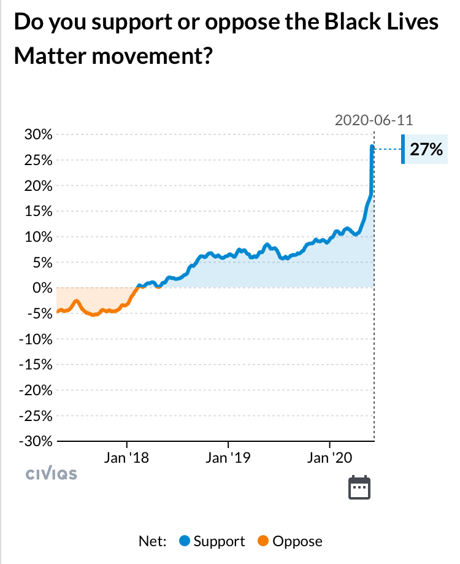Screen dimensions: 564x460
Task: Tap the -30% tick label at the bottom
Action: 36,441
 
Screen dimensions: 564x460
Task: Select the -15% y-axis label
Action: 36,365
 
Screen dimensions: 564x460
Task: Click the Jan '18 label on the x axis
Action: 126,458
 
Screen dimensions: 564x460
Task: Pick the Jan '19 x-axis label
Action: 228,458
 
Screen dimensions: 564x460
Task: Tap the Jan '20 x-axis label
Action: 330,458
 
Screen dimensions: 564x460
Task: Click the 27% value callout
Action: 426,150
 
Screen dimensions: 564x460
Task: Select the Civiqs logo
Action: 52,474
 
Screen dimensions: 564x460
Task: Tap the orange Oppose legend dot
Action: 264,541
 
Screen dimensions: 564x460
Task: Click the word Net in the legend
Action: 153,541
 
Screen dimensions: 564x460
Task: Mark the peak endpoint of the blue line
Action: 372,146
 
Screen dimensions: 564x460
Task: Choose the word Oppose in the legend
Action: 297,541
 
